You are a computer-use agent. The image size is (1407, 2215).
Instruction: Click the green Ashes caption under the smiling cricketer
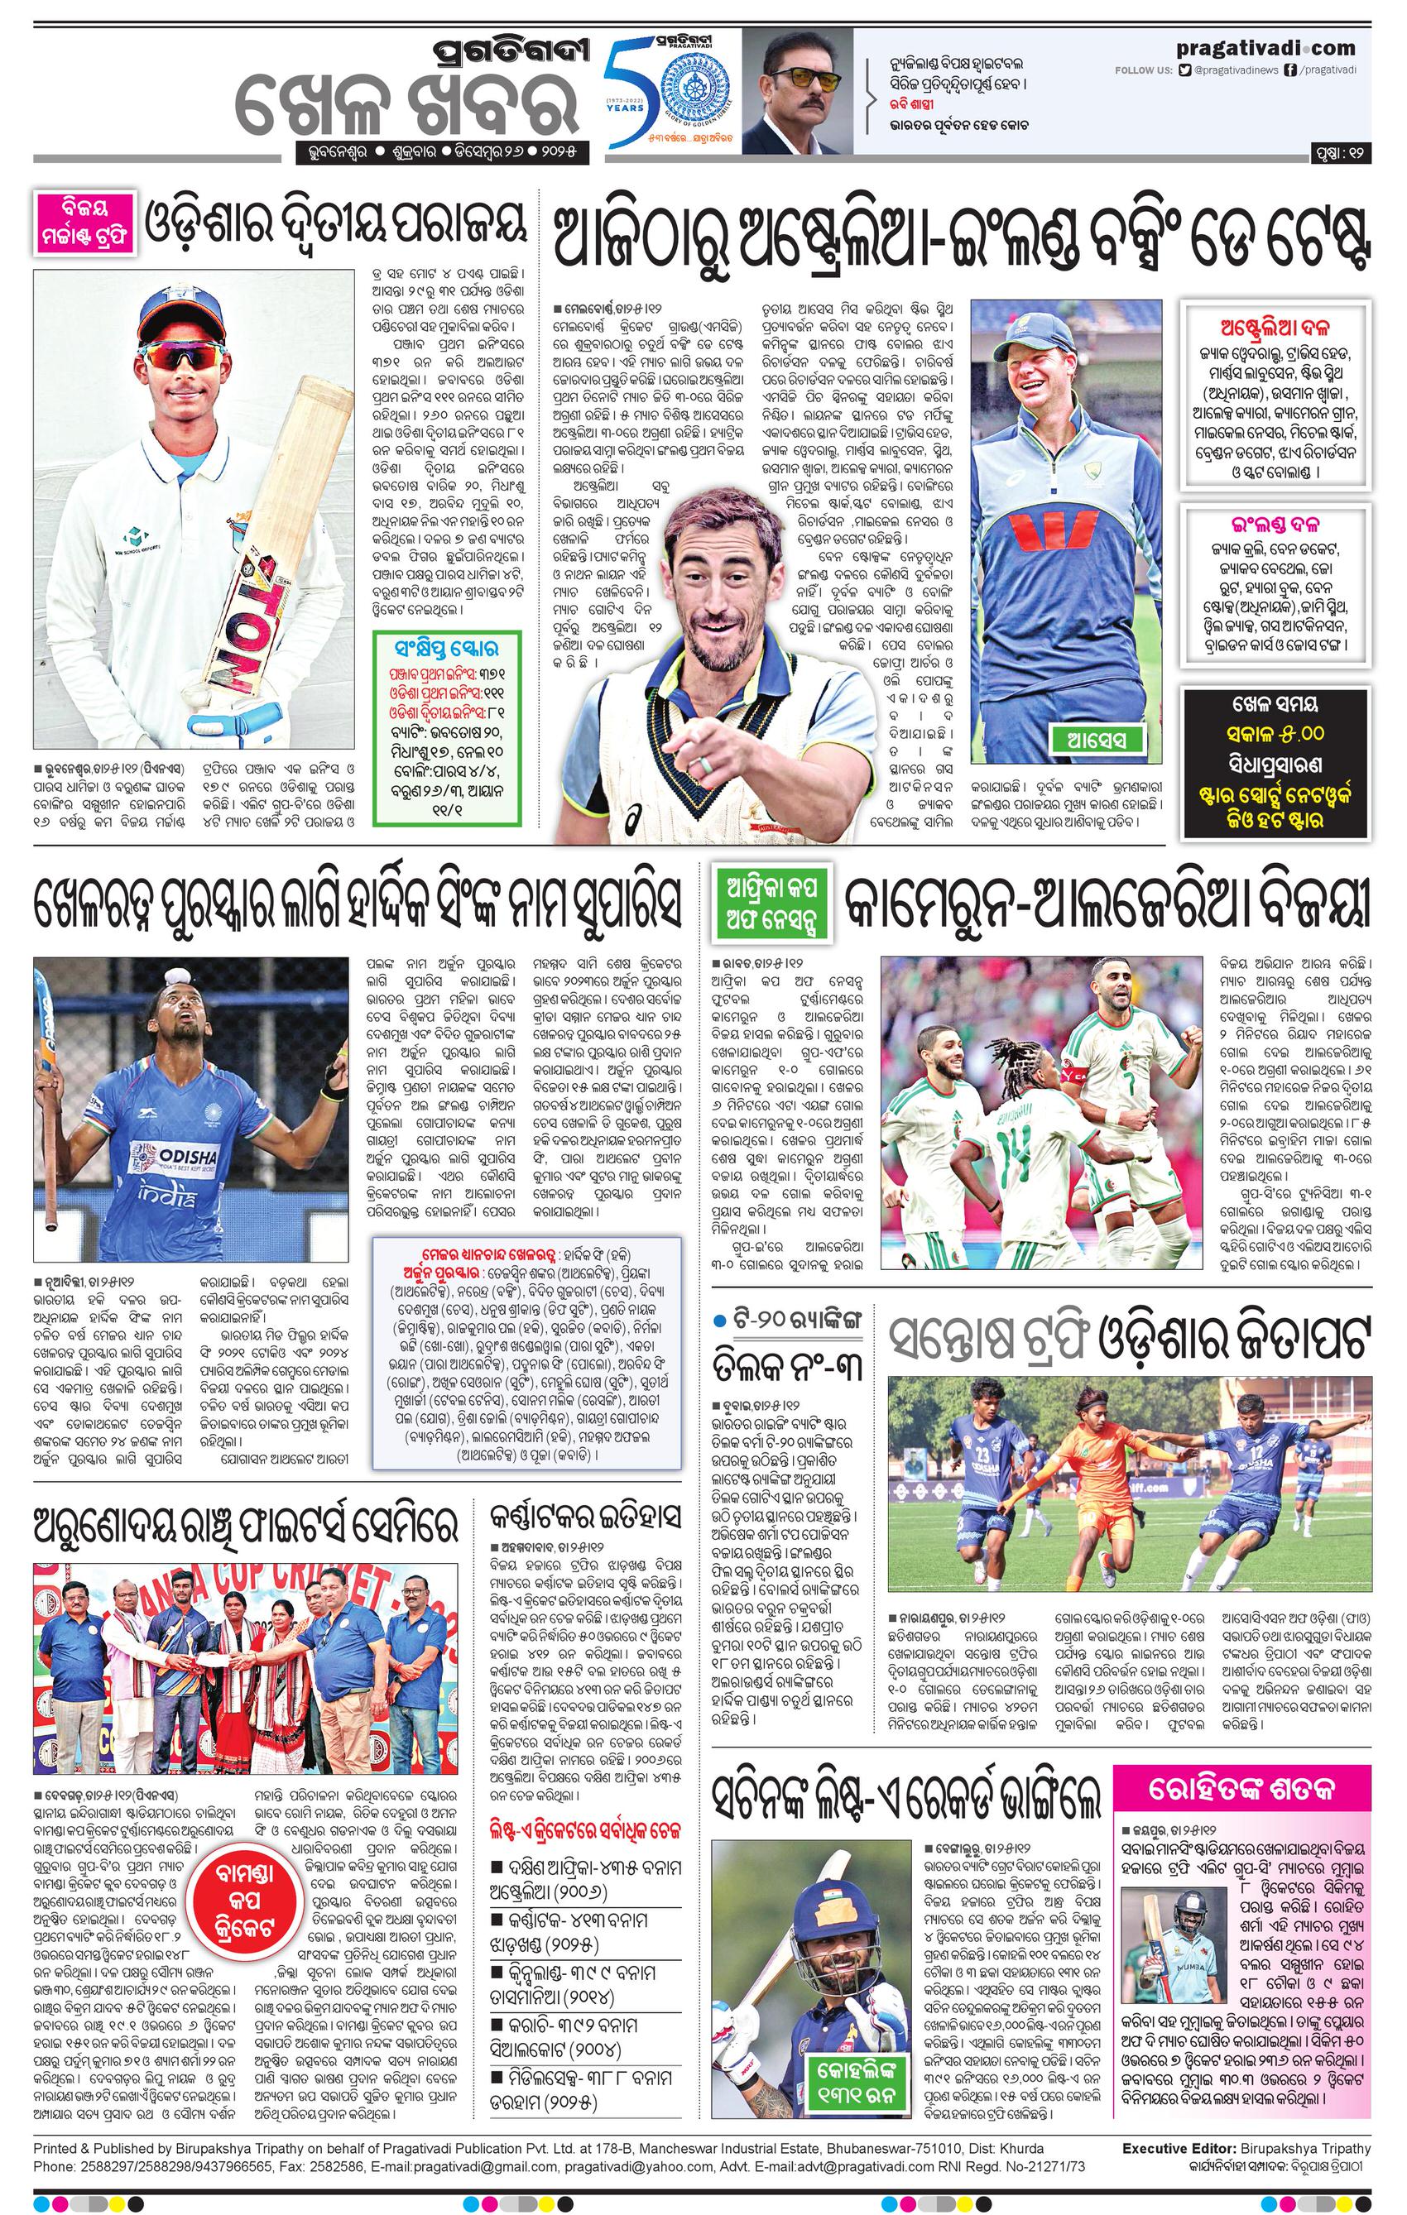coord(1088,738)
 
